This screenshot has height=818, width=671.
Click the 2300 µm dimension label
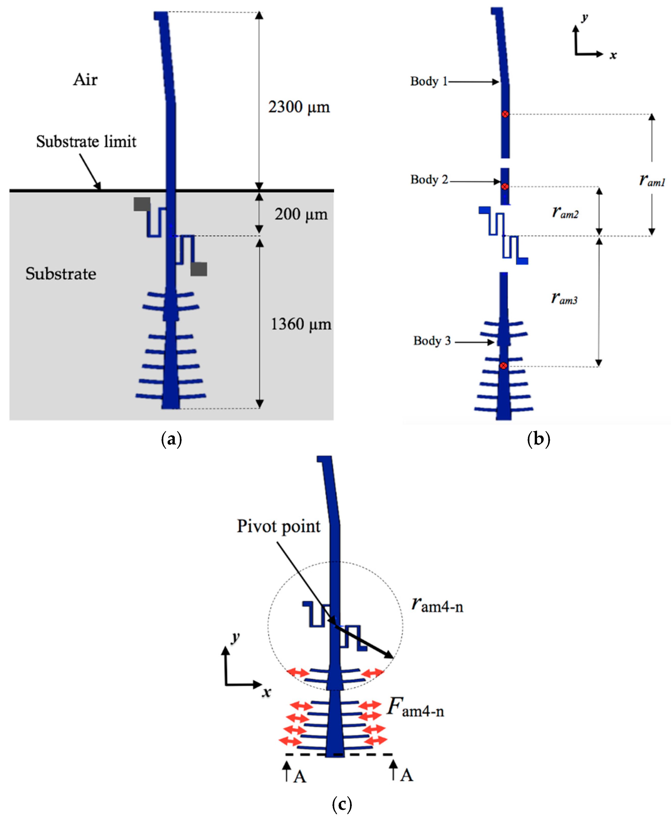(299, 107)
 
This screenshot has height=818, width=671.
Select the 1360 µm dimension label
(301, 324)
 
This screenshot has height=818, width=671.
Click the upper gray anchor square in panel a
(142, 204)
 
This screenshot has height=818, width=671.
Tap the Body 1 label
(429, 82)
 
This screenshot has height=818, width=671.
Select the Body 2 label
(429, 180)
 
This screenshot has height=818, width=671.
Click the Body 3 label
(432, 341)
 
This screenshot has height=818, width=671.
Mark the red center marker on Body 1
(505, 114)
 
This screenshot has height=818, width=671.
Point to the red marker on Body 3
(503, 365)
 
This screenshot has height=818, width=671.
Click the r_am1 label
(652, 180)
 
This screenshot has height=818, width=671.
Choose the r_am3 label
(564, 298)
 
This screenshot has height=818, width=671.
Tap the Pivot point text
(278, 526)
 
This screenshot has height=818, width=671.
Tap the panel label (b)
(538, 440)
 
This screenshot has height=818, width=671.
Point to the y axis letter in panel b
(585, 17)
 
